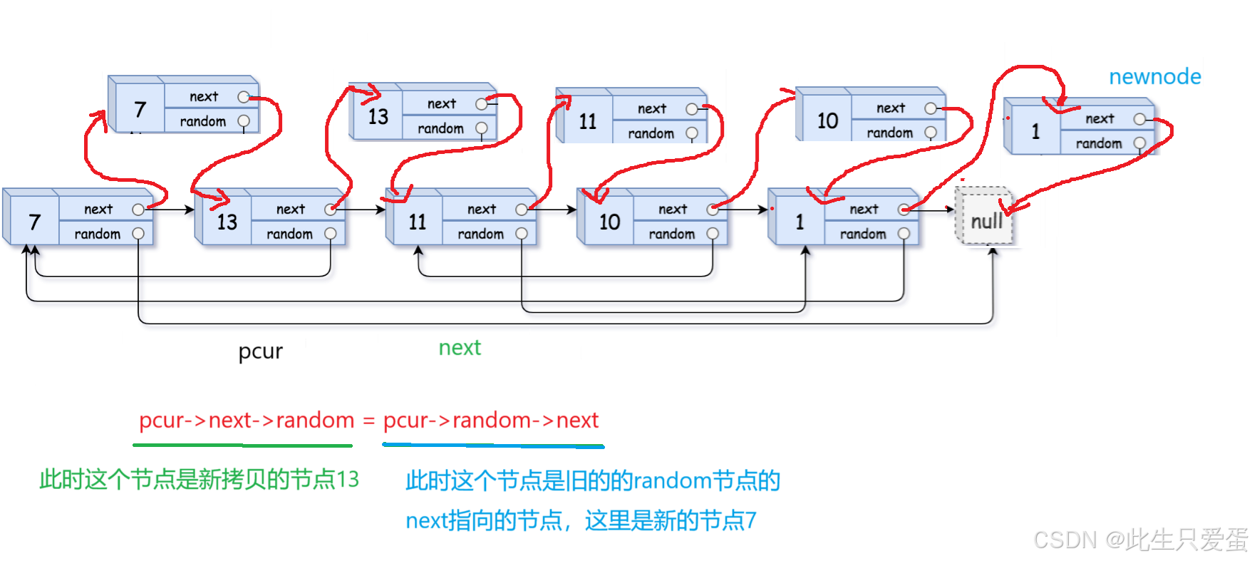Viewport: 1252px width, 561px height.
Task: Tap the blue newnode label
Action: click(x=1155, y=77)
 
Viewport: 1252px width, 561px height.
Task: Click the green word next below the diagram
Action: click(x=460, y=348)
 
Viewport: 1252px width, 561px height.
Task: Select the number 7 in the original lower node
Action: click(x=34, y=222)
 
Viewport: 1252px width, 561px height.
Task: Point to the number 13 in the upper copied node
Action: click(x=378, y=116)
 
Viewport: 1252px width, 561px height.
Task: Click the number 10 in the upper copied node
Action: click(x=827, y=120)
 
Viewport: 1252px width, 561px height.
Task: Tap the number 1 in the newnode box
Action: click(x=1035, y=131)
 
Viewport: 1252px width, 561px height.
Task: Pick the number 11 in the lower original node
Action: click(x=417, y=222)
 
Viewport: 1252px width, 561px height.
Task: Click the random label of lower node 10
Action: click(x=671, y=234)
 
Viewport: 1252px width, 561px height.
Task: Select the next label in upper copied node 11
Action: click(x=651, y=108)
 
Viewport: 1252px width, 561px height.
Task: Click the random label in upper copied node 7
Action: click(x=202, y=121)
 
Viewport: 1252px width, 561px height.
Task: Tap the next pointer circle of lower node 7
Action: click(x=138, y=210)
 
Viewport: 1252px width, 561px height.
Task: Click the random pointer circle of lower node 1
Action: click(x=904, y=234)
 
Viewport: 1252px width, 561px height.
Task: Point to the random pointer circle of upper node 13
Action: click(x=482, y=128)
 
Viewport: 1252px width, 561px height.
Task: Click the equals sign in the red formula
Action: click(x=368, y=421)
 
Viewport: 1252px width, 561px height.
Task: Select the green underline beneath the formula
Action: click(x=242, y=446)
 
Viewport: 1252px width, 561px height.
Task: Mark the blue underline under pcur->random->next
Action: click(x=493, y=446)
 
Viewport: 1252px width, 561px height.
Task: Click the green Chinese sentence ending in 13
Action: click(x=200, y=480)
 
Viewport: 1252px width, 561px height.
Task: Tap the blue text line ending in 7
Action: click(x=580, y=521)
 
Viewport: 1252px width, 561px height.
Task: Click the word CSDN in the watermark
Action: click(x=1063, y=539)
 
